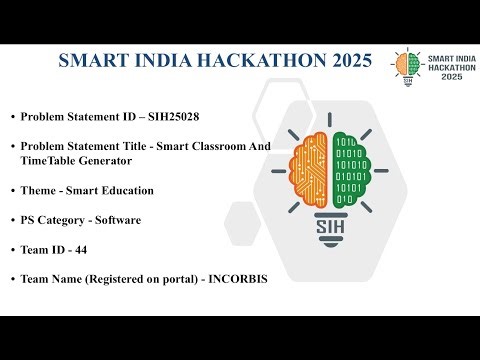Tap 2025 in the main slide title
(351, 60)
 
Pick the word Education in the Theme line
(126, 189)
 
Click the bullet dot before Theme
(12, 189)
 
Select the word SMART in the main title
(93, 60)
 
